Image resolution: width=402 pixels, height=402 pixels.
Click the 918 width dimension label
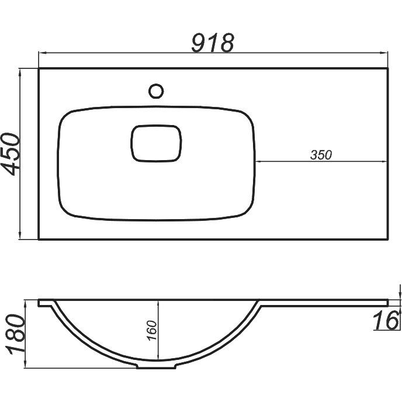tap(213, 43)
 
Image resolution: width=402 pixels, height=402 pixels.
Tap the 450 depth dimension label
tap(11, 154)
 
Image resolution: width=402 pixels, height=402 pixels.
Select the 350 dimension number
tap(321, 155)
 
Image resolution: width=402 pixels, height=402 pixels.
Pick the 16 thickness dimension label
tap(386, 320)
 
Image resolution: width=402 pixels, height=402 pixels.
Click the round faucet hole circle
tap(156, 91)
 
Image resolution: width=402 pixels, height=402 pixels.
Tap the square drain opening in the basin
tap(156, 143)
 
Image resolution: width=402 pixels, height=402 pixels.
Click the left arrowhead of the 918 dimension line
tap(42, 53)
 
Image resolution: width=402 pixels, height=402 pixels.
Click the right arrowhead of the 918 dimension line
tap(384, 53)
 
